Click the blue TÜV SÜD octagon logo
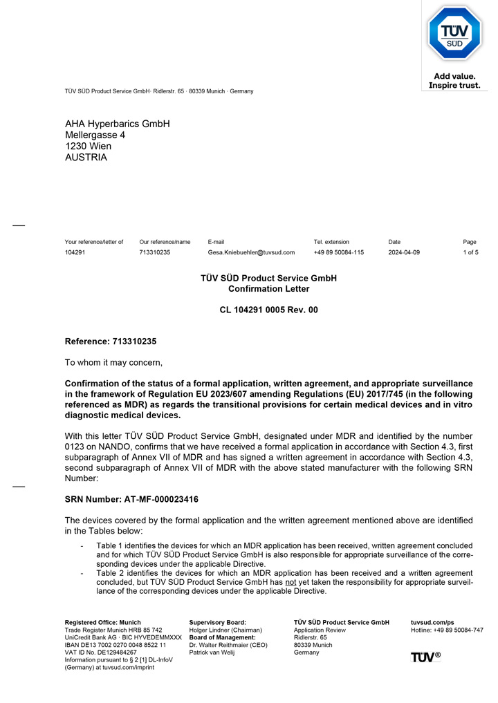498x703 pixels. [x=454, y=34]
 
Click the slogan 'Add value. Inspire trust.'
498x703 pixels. [x=454, y=81]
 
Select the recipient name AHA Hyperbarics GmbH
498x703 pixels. [x=117, y=124]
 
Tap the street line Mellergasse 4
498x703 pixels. [x=95, y=135]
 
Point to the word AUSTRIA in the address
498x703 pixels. [x=86, y=157]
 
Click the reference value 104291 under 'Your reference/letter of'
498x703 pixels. [x=75, y=252]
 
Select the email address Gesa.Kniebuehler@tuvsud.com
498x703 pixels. [x=251, y=252]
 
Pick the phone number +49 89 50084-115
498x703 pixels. [x=339, y=252]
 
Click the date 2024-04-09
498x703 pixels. [x=404, y=252]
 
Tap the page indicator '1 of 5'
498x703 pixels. [x=470, y=252]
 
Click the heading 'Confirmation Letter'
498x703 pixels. [x=269, y=289]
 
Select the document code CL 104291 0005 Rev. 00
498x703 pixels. [x=269, y=310]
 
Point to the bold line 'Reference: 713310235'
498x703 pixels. [x=111, y=341]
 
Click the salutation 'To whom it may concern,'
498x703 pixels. [x=113, y=362]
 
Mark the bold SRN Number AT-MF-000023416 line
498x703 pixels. [x=131, y=499]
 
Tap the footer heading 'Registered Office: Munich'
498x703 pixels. [x=102, y=622]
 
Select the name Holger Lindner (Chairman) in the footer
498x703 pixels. [x=225, y=630]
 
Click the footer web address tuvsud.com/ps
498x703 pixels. [x=432, y=622]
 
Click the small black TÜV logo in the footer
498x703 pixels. [x=425, y=657]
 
